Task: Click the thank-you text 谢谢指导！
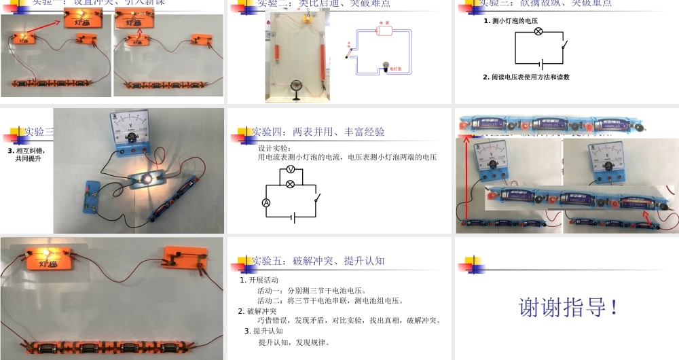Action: pos(569,307)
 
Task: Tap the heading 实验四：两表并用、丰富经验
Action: pos(318,132)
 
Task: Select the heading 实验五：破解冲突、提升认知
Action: pos(318,261)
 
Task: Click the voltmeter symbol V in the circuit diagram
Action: pos(290,168)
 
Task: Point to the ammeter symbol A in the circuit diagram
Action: pos(266,202)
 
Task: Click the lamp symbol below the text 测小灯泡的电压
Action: pos(538,32)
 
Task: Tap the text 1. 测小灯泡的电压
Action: pos(515,21)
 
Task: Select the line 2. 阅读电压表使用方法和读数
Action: pos(526,77)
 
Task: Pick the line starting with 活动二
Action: pos(331,300)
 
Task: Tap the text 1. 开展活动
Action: pos(259,280)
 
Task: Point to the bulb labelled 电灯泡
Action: pos(386,65)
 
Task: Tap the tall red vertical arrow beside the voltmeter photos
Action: pos(466,177)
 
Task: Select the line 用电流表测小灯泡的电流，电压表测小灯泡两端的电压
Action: pos(347,158)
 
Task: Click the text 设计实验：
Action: pos(274,148)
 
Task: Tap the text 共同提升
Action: pos(29,159)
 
